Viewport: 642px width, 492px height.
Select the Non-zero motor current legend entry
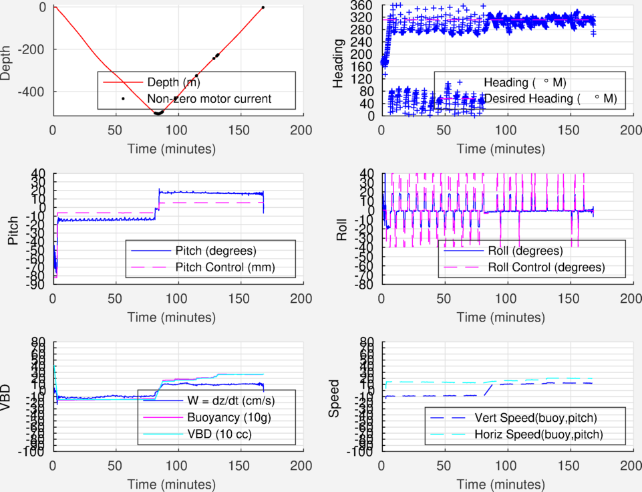[208, 99]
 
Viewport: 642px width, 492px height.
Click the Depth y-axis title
[7, 61]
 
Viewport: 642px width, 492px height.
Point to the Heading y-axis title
[339, 61]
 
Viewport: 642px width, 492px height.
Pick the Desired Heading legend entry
[550, 99]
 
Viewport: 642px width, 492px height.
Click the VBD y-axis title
[7, 397]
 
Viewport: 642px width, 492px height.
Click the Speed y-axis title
[335, 397]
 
